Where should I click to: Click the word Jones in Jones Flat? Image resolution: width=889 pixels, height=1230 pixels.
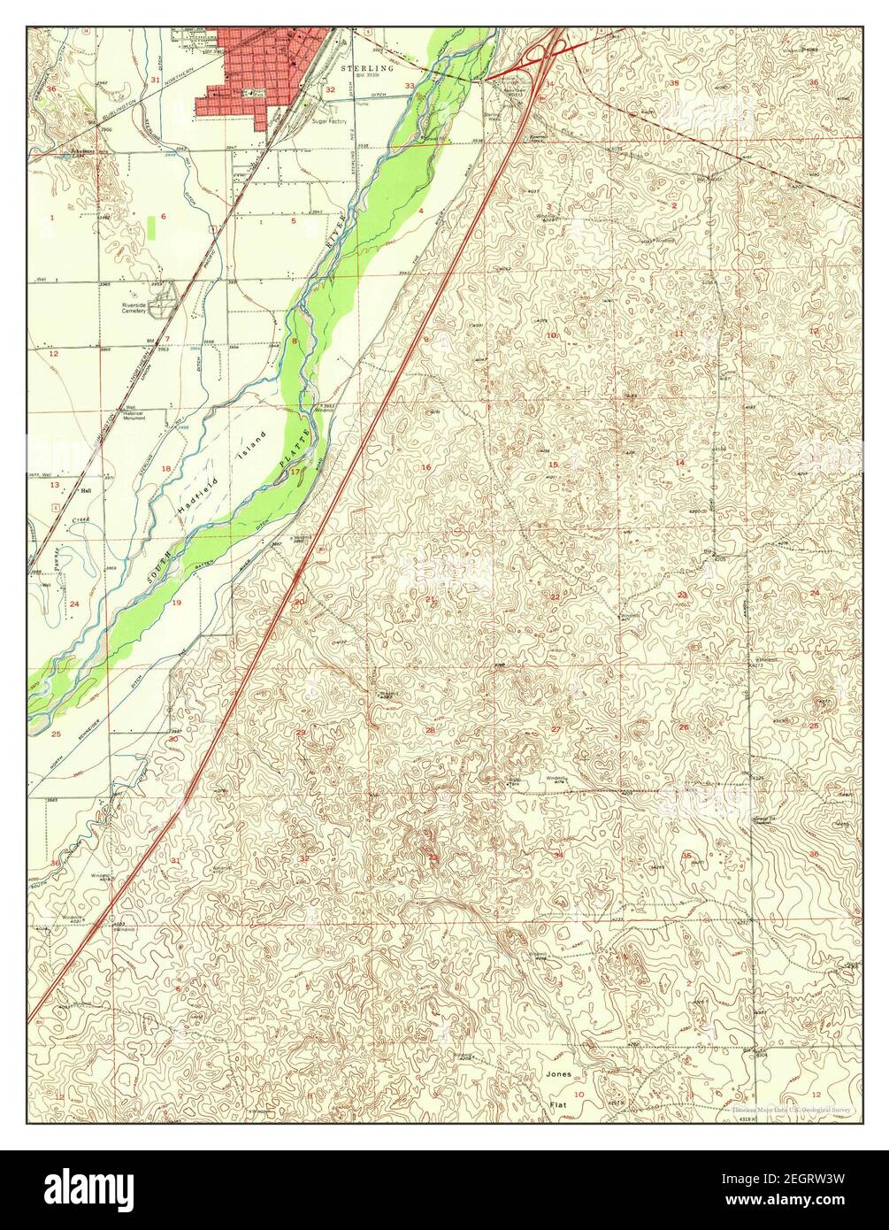[558, 1074]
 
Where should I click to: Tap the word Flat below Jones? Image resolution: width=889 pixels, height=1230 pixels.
[558, 1105]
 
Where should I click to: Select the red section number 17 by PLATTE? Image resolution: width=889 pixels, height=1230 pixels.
[295, 473]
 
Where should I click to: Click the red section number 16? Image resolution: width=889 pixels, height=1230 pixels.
[425, 467]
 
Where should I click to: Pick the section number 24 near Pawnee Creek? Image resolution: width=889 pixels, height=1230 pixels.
[74, 604]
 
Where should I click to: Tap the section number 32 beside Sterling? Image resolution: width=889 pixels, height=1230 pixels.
[330, 90]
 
